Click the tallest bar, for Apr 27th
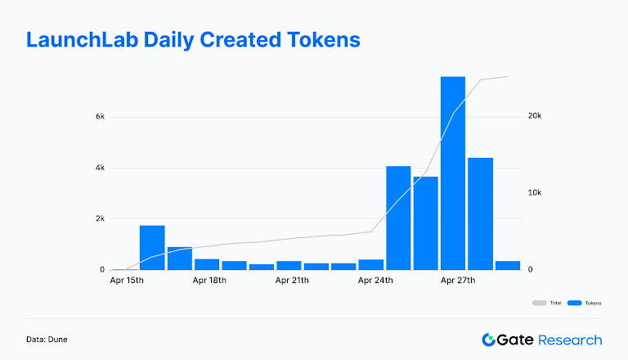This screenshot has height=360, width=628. [452, 173]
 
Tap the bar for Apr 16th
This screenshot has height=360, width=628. [152, 247]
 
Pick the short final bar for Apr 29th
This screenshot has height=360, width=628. [507, 265]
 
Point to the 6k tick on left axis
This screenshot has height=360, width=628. [100, 117]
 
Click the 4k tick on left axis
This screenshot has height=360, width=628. [100, 168]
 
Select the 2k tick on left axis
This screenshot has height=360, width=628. [100, 219]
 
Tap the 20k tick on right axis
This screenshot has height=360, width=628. [534, 117]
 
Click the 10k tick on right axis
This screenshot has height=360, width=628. [534, 193]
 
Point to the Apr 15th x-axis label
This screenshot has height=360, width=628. [126, 281]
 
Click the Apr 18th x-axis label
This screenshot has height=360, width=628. [209, 281]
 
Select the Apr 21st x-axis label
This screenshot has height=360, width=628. [292, 281]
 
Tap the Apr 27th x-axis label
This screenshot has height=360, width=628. [457, 281]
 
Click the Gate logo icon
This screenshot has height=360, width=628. [490, 340]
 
